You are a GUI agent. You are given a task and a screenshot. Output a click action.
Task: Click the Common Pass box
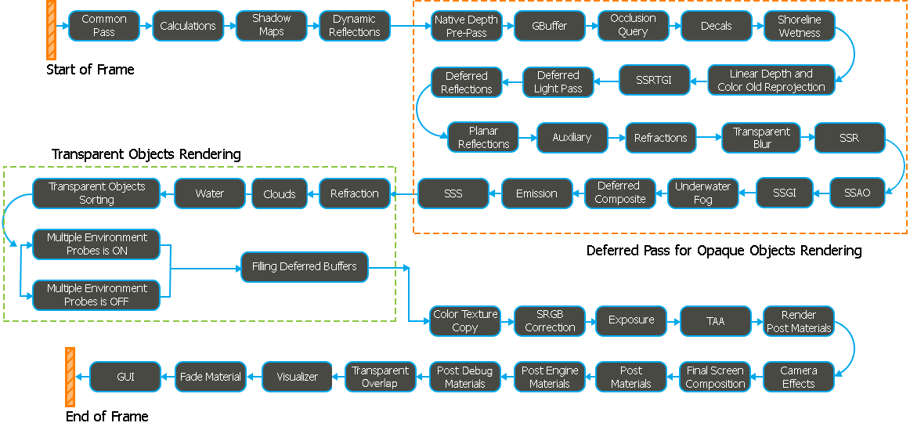(104, 26)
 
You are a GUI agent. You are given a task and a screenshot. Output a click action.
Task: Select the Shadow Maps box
(271, 26)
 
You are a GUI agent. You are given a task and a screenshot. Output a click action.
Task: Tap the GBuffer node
(550, 26)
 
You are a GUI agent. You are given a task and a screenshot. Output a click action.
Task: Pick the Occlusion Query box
(633, 26)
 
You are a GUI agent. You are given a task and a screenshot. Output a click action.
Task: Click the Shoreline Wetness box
(799, 26)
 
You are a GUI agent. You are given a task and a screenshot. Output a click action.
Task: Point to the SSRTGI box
(655, 80)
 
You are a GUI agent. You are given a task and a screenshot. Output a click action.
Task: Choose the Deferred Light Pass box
(558, 81)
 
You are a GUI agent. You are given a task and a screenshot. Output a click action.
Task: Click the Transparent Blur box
(762, 138)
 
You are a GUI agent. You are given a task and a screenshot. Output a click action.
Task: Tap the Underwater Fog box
(702, 193)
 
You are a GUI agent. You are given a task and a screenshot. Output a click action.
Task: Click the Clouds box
(280, 193)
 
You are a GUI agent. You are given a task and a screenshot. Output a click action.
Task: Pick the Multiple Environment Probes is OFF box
(96, 295)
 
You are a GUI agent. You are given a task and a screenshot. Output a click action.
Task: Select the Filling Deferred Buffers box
(305, 267)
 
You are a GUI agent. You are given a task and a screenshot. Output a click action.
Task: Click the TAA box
(716, 321)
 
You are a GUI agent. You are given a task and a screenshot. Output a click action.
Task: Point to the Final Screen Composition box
(715, 377)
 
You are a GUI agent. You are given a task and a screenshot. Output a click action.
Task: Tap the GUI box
(125, 377)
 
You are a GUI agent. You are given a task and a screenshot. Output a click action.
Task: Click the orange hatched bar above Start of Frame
(51, 30)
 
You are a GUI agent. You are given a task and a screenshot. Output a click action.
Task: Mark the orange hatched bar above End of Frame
(70, 378)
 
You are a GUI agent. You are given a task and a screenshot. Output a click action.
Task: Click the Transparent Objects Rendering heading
(146, 154)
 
